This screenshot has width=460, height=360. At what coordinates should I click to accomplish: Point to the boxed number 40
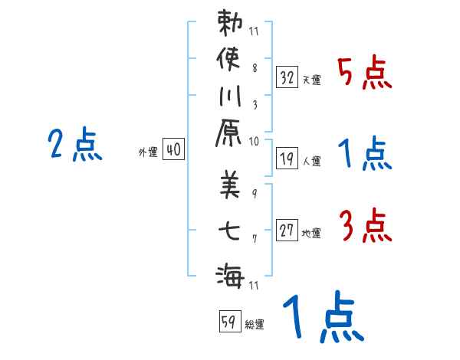(x=173, y=150)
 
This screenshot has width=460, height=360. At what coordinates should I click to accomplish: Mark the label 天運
(x=312, y=80)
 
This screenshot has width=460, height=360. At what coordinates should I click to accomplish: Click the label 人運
(x=312, y=161)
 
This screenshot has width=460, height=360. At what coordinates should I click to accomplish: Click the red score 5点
(x=364, y=74)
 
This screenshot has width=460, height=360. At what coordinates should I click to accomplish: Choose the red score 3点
(x=364, y=227)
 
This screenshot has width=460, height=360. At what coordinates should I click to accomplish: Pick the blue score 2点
(x=74, y=145)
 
